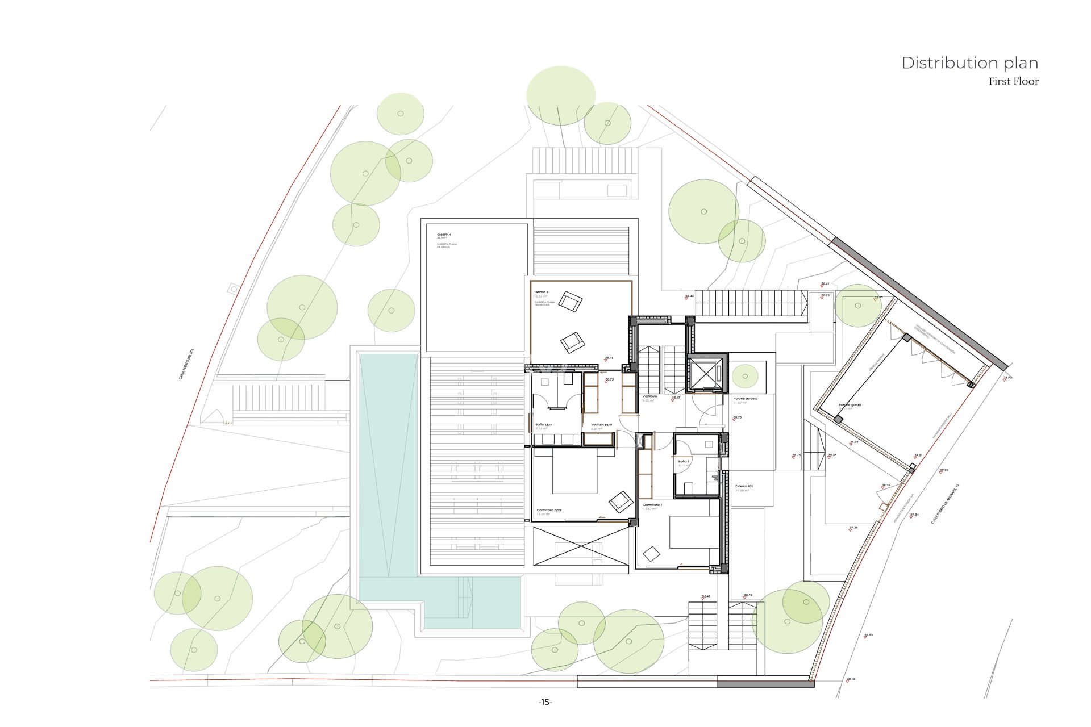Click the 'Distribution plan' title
(969, 62)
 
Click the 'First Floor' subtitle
(1013, 81)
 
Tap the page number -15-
(545, 702)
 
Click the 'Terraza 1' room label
(541, 292)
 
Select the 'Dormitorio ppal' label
(549, 510)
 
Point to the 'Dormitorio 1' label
(652, 504)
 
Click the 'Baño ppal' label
(544, 424)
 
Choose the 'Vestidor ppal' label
(601, 424)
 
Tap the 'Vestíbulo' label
(649, 396)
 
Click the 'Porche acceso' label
(745, 399)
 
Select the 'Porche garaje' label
(850, 405)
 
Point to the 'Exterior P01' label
(744, 486)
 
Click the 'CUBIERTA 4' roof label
(444, 235)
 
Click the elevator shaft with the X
(706, 374)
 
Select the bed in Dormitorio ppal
(574, 471)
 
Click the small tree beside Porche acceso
(745, 376)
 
